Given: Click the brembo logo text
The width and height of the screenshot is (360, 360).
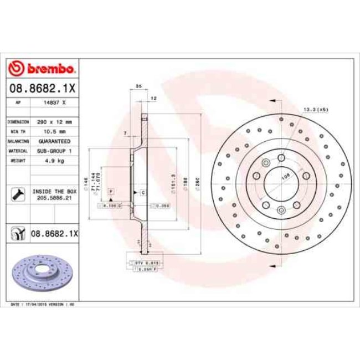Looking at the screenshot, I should tap(49, 69).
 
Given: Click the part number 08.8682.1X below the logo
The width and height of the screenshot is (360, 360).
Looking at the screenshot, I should tap(42, 88).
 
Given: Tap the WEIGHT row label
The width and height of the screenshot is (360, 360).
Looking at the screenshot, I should tap(16, 161).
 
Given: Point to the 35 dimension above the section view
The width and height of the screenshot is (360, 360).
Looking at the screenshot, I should tap(139, 86).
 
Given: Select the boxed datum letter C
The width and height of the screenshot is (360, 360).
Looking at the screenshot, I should tap(142, 192).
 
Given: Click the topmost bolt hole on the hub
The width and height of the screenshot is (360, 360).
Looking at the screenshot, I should tap(281, 158).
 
